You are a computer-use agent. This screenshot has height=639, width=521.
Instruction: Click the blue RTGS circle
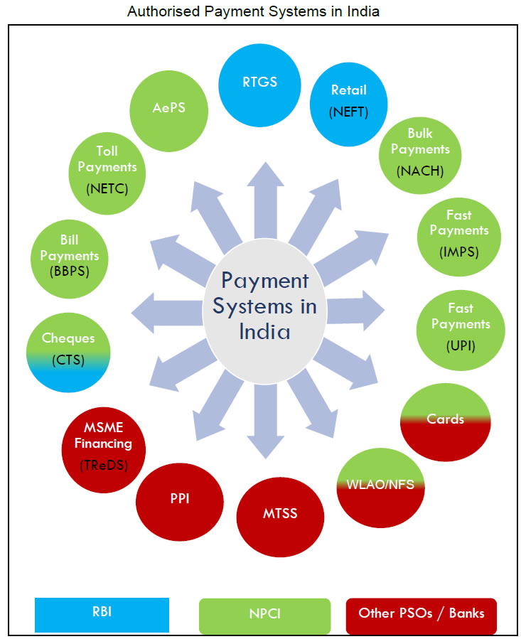259,84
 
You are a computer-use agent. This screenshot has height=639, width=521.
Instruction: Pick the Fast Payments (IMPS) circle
458,232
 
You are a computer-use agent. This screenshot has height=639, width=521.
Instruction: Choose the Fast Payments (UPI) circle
459,326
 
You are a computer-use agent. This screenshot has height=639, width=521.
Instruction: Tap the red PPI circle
178,499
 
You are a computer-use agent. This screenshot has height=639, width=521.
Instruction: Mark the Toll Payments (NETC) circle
107,168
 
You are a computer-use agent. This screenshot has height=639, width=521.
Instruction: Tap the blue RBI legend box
102,614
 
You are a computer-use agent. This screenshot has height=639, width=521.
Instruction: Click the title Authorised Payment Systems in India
253,11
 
